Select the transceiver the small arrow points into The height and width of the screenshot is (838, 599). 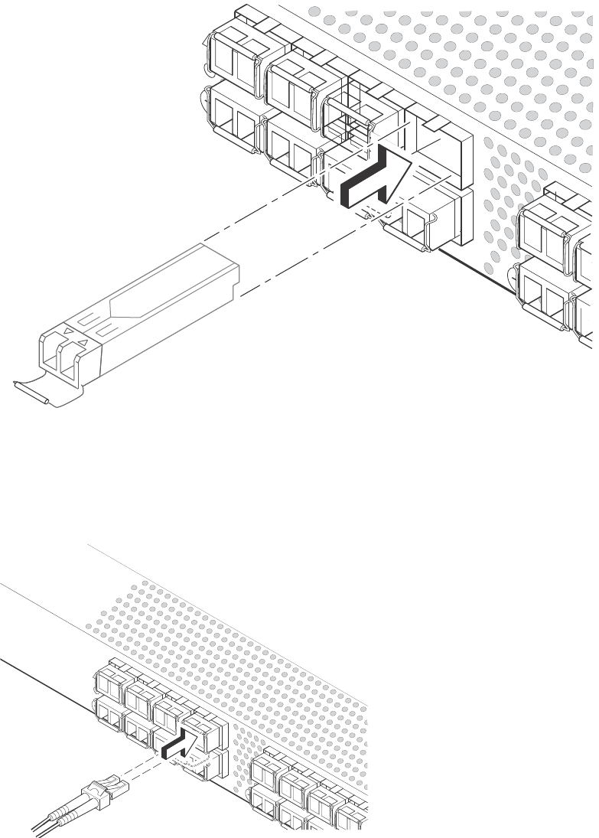(x=200, y=727)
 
